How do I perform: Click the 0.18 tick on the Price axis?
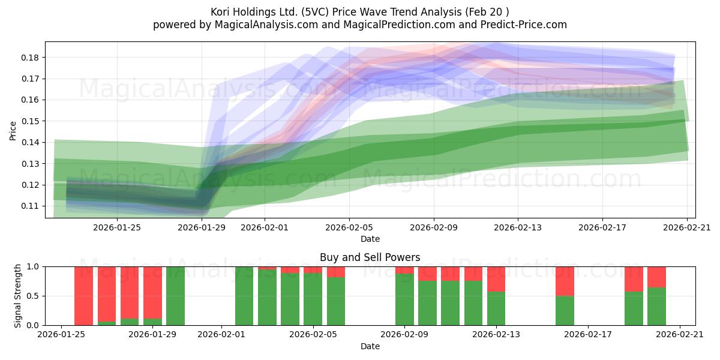tap(30, 58)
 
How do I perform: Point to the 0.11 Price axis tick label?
tap(30, 206)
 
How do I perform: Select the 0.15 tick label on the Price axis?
tap(30, 121)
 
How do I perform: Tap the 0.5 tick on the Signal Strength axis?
tap(34, 296)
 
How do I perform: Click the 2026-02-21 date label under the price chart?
tap(687, 227)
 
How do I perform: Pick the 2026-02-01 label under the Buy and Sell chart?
tap(221, 334)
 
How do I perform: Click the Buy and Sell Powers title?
tap(370, 257)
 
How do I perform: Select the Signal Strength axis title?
tap(17, 296)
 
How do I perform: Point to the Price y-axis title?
tap(13, 131)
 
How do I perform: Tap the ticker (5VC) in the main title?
tap(314, 12)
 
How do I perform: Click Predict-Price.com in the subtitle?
tap(524, 25)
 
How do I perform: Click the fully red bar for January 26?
tap(83, 296)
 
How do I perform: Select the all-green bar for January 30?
tap(175, 296)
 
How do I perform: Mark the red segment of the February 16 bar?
tap(565, 281)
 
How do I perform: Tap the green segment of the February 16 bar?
tap(565, 311)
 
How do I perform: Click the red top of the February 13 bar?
tap(496, 280)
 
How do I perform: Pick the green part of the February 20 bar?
tap(656, 307)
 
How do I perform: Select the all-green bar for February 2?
tap(244, 296)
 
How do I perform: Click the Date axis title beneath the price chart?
tap(370, 239)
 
